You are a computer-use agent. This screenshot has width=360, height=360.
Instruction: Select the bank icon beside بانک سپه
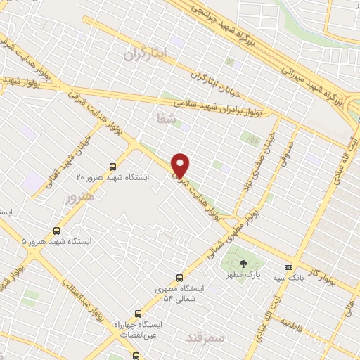pos(288,267)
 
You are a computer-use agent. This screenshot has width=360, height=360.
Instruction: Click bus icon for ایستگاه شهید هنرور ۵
pos(56,230)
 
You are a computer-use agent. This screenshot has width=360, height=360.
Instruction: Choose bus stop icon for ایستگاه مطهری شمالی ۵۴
pos(179,277)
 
